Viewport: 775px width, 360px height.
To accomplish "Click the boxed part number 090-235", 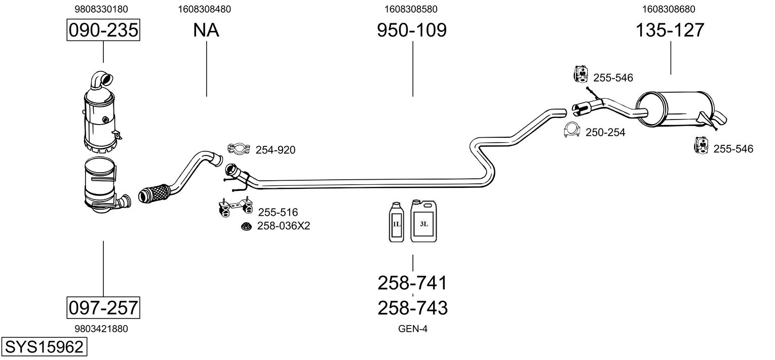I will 103,30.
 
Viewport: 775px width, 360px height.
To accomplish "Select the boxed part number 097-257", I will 103,307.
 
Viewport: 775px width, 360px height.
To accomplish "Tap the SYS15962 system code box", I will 44,347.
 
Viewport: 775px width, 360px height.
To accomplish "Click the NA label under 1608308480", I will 206,30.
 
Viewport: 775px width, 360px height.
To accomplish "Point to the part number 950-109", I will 412,30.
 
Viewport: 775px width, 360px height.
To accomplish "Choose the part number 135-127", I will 670,30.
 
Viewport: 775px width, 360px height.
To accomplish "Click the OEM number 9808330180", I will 101,9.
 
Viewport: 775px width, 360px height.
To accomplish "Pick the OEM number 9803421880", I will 101,329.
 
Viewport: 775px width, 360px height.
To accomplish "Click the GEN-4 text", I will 413,329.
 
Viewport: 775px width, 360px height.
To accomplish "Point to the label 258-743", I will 413,307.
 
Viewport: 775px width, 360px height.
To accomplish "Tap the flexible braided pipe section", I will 153,193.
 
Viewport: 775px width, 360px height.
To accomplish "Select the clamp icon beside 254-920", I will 238,149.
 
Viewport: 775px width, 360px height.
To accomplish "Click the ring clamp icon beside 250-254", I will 572,131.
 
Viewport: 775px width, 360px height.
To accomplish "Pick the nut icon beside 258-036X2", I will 246,226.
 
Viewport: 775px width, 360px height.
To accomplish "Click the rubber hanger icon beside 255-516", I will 234,208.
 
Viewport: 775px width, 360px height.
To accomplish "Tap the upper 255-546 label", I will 613,78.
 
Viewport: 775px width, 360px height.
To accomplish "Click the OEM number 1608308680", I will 669,9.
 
